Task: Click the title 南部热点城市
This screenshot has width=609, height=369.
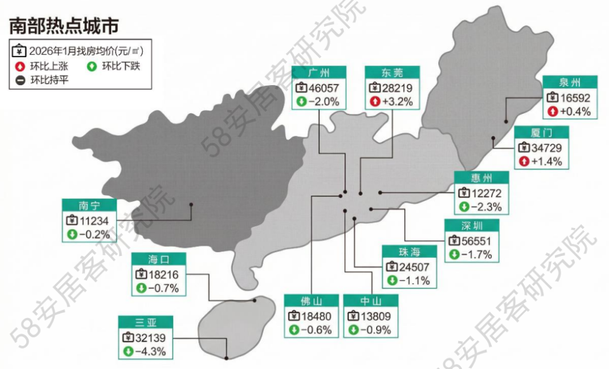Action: click(63, 25)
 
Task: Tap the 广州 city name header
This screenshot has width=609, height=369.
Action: click(318, 72)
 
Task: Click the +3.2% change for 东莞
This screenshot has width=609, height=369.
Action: click(398, 101)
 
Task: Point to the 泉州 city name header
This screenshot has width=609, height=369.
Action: click(570, 83)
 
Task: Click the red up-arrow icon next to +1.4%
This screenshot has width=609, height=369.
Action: click(523, 161)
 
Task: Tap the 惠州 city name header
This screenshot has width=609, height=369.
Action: click(481, 177)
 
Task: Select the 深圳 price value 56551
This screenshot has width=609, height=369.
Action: click(477, 241)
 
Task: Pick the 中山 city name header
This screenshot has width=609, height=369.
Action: click(370, 301)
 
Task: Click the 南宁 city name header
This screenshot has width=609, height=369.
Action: click(89, 205)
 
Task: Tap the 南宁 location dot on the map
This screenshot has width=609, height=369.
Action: click(191, 205)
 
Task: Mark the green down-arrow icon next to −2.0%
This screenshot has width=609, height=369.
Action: click(301, 101)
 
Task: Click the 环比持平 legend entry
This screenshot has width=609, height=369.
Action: click(43, 80)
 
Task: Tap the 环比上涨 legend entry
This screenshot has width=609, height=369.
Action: click(43, 65)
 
